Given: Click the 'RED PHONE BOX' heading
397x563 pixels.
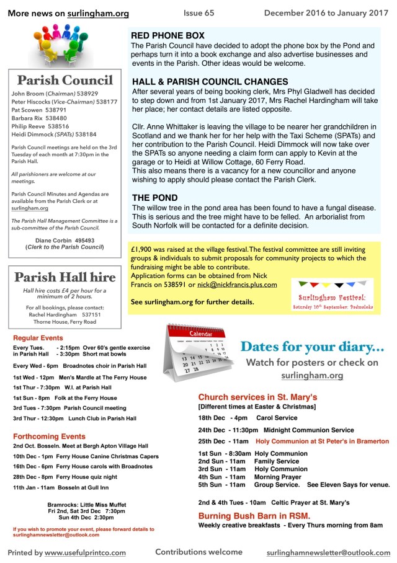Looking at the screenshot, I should (167, 36).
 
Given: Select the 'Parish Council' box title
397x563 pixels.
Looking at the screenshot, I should (65, 80).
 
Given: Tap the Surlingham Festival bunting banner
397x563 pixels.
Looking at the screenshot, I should (334, 294).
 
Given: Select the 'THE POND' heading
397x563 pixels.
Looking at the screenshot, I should (155, 197).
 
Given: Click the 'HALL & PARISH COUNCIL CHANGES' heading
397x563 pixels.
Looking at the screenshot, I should (210, 81).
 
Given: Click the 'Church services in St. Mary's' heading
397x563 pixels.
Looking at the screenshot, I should (258, 397).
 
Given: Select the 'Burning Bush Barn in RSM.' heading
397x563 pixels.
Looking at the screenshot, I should (254, 516).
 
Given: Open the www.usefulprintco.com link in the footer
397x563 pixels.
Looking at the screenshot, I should (85, 552).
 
